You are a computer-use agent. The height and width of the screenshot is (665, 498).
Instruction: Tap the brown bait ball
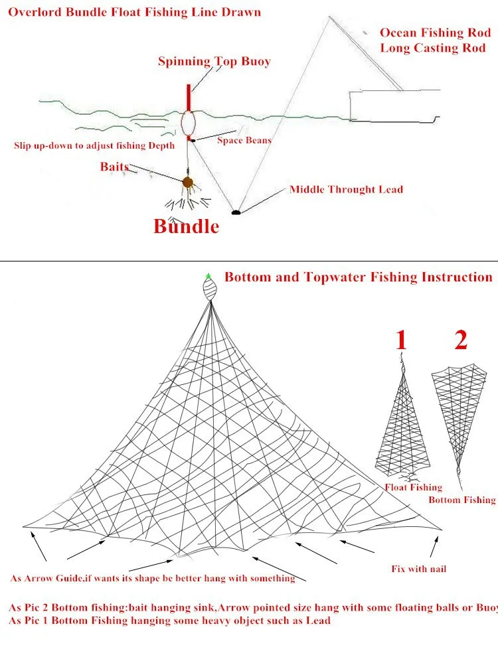click(189, 182)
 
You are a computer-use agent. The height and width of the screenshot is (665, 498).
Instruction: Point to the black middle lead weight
click(235, 212)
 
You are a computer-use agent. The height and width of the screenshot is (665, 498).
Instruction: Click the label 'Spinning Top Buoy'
click(214, 62)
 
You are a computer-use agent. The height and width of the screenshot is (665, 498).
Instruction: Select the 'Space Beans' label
click(244, 141)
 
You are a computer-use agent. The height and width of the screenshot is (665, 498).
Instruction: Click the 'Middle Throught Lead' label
click(346, 190)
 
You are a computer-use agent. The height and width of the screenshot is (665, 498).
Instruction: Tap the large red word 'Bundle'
click(186, 226)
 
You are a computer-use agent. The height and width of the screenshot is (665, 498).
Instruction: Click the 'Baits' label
click(114, 167)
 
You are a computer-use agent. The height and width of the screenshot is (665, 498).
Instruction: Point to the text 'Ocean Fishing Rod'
click(435, 33)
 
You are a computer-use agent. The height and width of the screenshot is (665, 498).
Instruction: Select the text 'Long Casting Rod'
click(432, 48)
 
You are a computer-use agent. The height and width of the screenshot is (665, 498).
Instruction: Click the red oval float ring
click(189, 122)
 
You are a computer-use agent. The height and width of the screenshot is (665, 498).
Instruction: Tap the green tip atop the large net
click(208, 276)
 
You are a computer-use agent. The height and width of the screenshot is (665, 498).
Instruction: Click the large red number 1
click(400, 340)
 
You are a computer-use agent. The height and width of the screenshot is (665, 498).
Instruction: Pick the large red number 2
click(461, 340)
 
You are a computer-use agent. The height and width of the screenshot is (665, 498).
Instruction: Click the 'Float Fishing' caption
click(414, 487)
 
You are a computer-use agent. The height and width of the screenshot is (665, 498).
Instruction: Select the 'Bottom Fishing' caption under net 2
click(461, 500)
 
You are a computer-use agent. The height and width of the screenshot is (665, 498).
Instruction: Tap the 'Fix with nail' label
click(418, 569)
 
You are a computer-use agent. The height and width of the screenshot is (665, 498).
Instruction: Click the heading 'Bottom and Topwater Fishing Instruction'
click(358, 277)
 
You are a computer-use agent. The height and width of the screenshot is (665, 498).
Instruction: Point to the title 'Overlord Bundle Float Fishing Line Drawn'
click(134, 12)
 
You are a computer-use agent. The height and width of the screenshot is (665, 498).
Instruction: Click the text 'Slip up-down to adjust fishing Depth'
click(94, 145)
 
